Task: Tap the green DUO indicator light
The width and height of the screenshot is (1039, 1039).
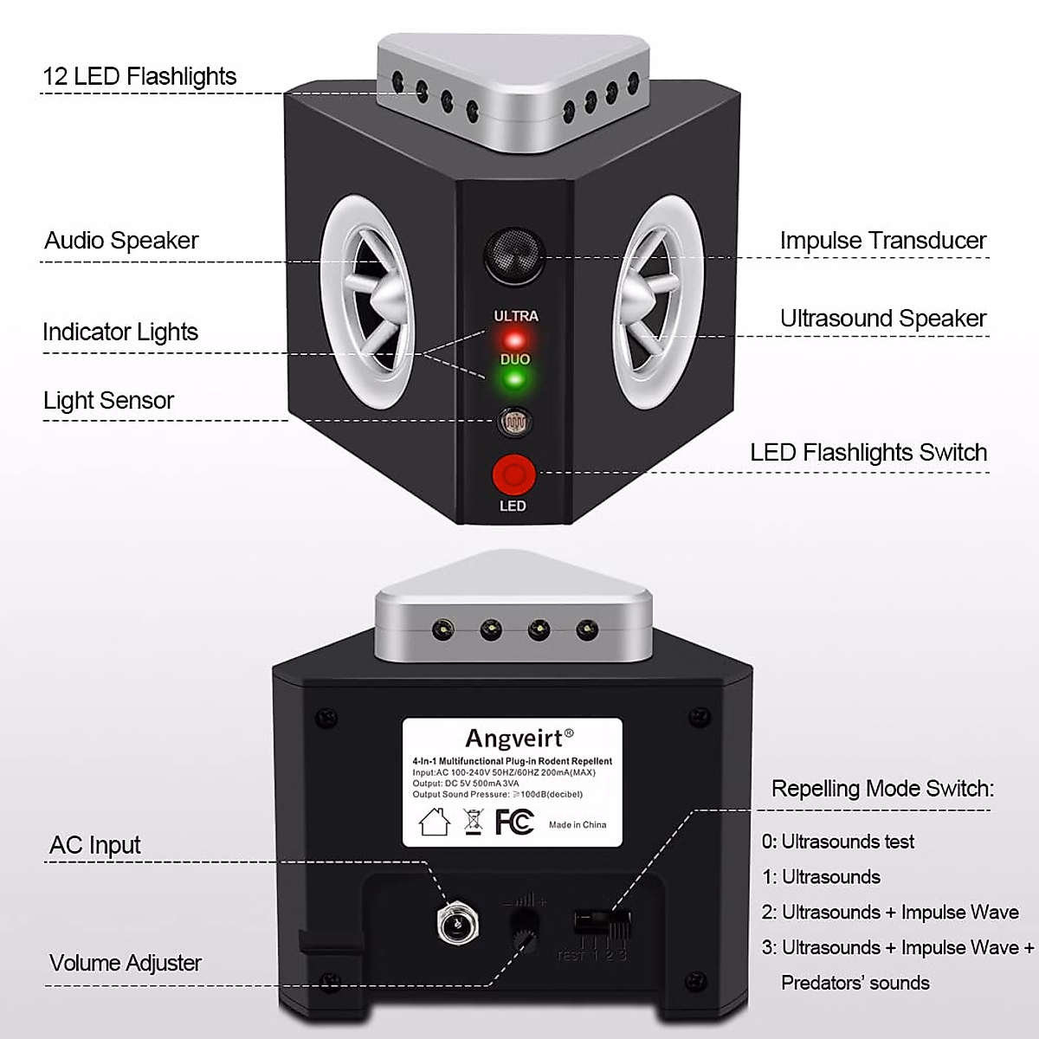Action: coord(514,379)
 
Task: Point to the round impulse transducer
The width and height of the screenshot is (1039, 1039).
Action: coord(513,252)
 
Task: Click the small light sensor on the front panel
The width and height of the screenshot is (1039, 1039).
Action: coord(513,423)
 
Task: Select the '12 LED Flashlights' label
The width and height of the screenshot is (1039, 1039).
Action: coord(139,76)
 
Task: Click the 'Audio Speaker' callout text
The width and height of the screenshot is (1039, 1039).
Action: coord(121,241)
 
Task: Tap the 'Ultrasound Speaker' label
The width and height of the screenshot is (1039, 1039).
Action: coord(882,319)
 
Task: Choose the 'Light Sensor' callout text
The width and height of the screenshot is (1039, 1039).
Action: coord(108,400)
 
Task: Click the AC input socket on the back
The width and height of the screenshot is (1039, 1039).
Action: coord(454,924)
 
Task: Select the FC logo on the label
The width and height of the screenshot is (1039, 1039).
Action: coord(514,821)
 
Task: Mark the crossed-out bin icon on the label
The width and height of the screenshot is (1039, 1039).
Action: coord(473,821)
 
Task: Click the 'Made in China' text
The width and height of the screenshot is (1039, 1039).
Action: coord(578,824)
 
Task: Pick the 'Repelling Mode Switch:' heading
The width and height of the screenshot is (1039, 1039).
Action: coord(882,789)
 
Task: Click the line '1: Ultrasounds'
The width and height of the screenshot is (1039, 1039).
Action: coord(821,877)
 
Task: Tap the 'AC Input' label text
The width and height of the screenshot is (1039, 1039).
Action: coord(95,845)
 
